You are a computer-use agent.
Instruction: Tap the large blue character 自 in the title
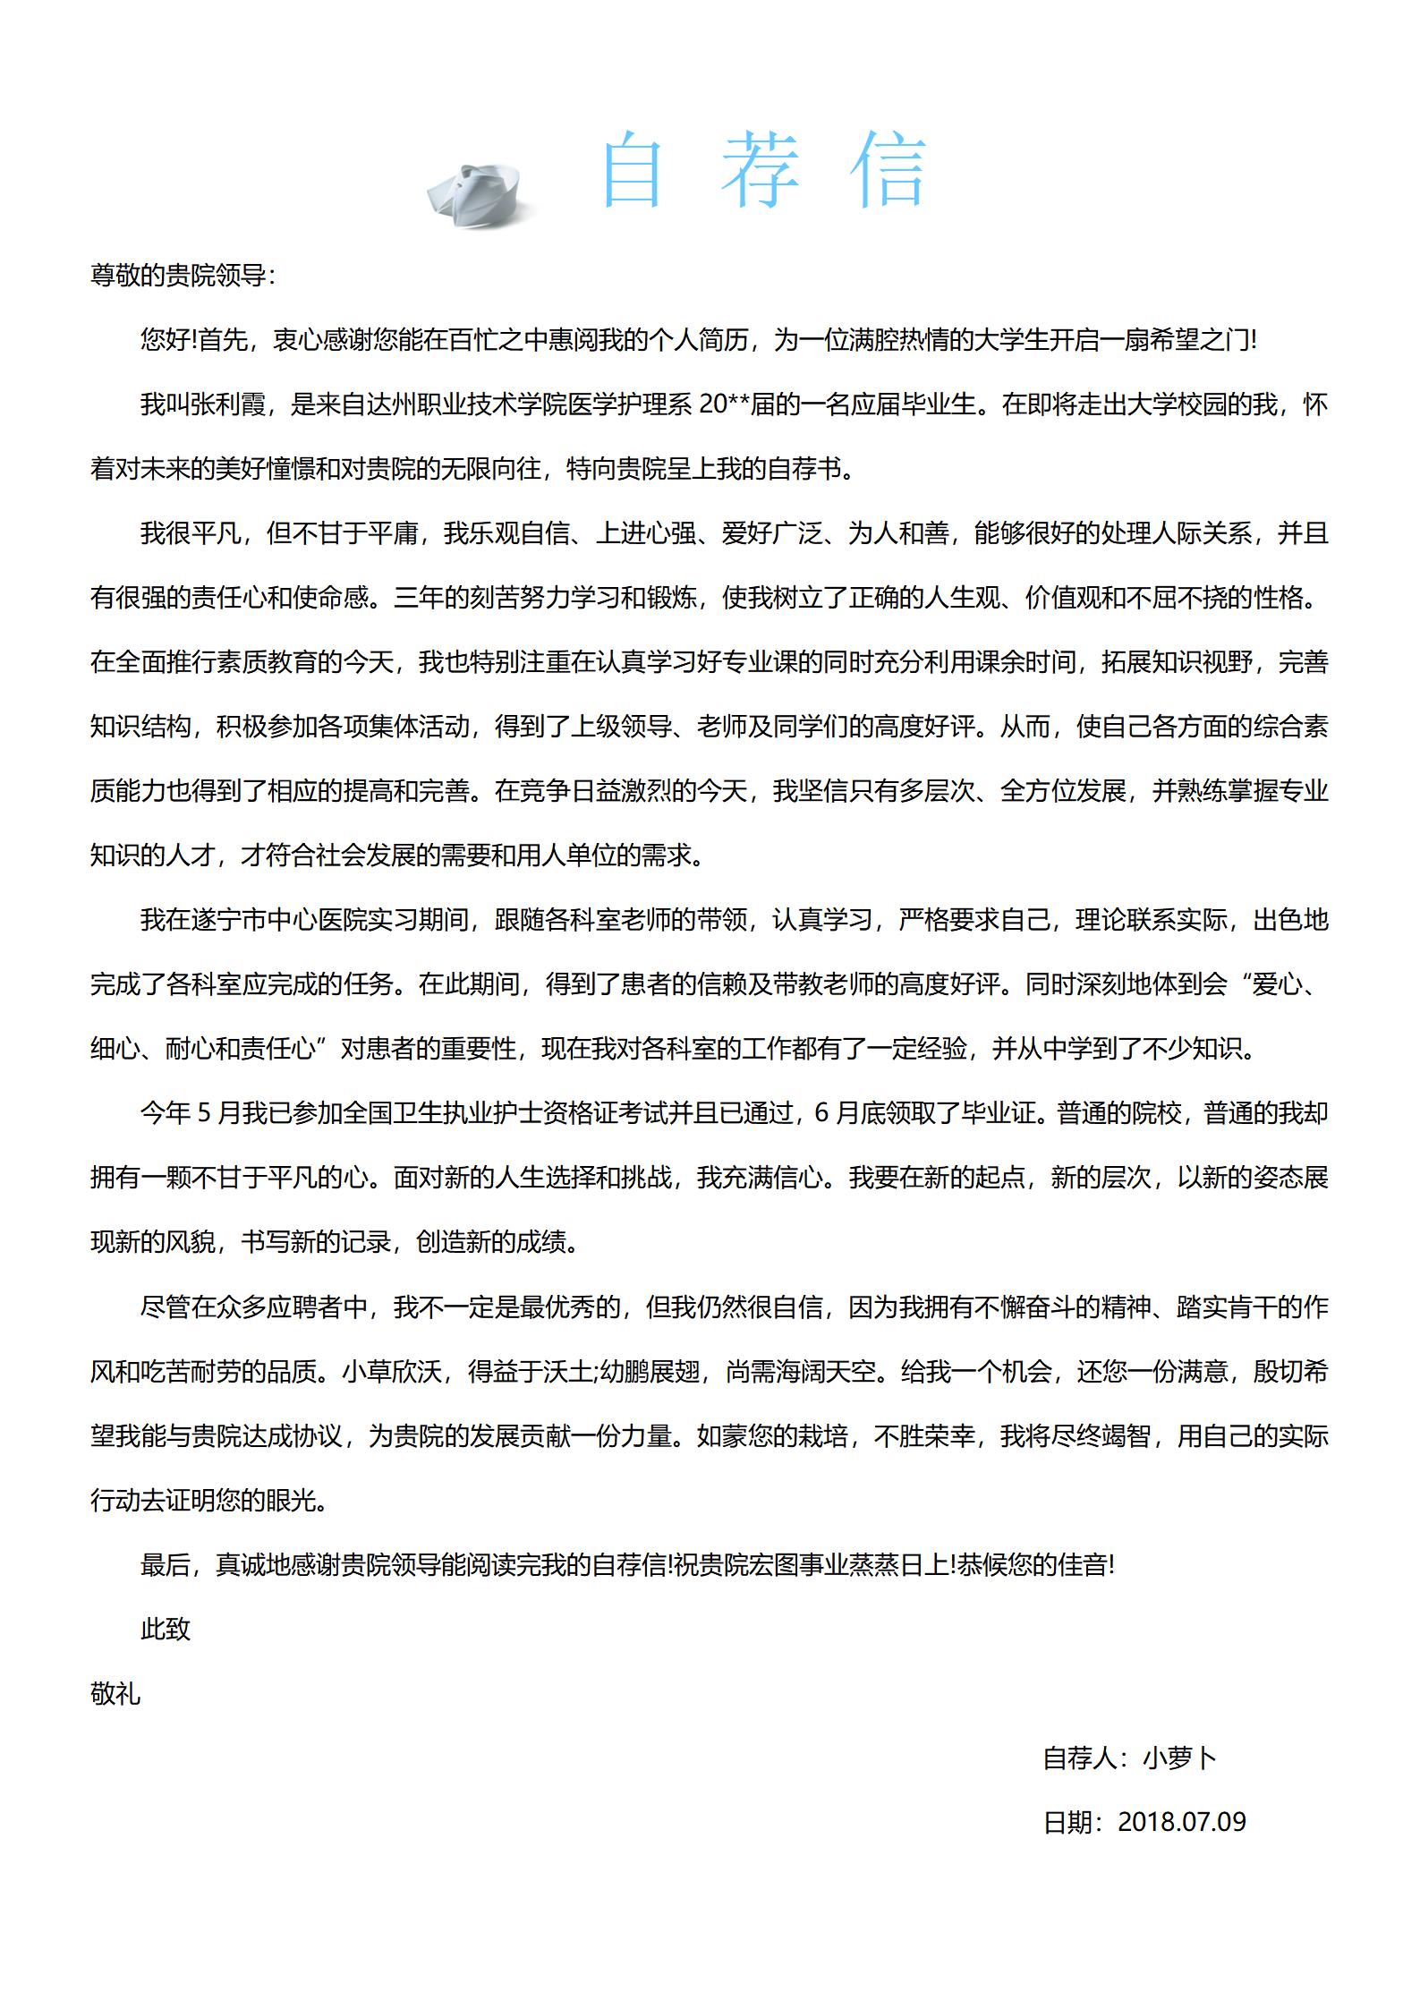coord(633,170)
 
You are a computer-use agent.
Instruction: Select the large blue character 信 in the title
coord(888,170)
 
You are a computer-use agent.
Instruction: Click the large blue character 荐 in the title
coord(761,170)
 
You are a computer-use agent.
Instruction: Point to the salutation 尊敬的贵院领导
coord(178,276)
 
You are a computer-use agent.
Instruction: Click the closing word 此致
coord(166,1629)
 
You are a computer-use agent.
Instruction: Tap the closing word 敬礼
coord(115,1693)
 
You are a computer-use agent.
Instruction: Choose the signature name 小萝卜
coord(1180,1758)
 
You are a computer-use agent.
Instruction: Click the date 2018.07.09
coord(1182,1823)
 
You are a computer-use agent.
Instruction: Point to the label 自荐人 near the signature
coord(1080,1758)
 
